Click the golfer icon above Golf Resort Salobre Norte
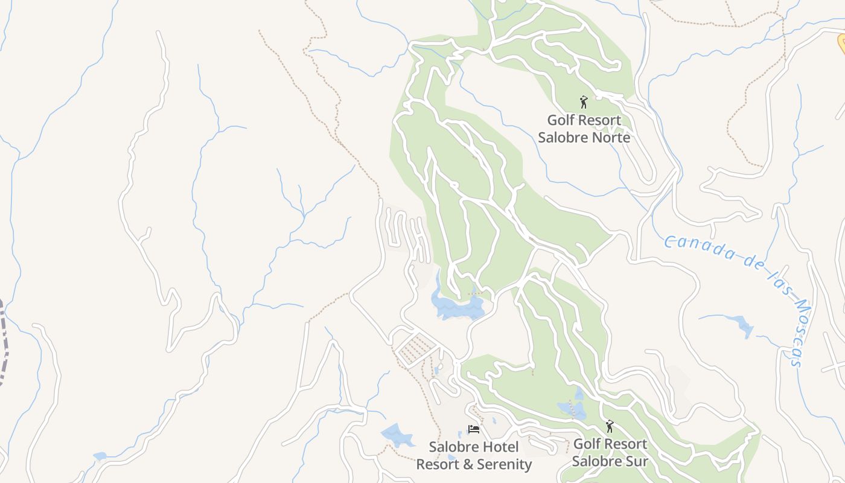[x=583, y=101]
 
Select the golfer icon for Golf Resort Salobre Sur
[x=609, y=426]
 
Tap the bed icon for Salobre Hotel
[x=474, y=429]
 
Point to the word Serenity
[x=504, y=465]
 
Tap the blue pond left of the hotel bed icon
[x=396, y=435]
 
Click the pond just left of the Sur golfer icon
[x=573, y=409]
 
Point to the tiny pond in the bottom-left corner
[x=100, y=456]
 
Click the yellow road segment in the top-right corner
[x=841, y=42]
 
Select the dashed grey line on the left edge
[x=4, y=338]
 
